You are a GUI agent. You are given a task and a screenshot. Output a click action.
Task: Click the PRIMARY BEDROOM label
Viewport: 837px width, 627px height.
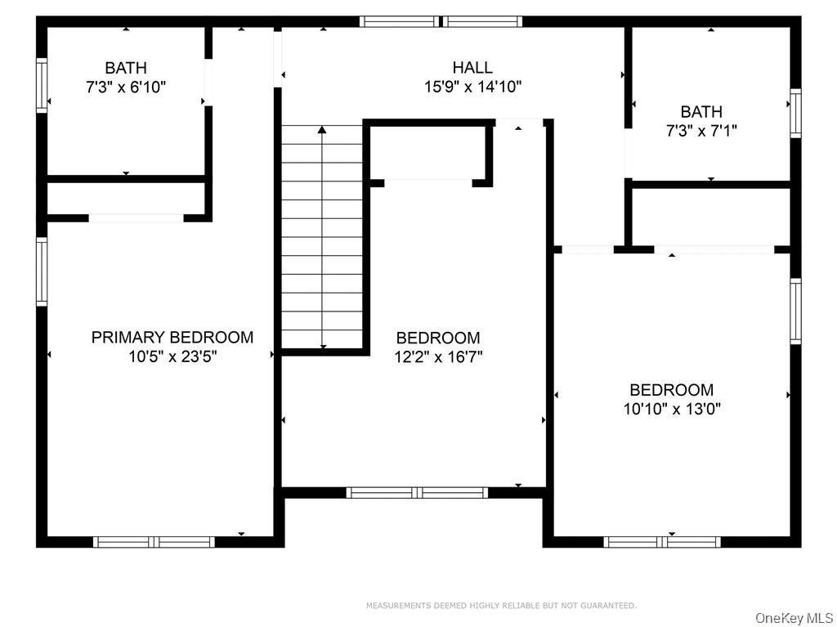click(172, 338)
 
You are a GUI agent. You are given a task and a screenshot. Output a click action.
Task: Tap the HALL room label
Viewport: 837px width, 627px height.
click(472, 67)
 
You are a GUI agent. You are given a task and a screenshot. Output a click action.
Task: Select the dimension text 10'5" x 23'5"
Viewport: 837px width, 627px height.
click(172, 356)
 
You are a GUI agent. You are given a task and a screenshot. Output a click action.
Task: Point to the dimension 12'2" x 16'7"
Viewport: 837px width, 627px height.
click(438, 356)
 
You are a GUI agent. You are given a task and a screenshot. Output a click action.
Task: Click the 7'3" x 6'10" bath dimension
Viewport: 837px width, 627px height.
click(126, 87)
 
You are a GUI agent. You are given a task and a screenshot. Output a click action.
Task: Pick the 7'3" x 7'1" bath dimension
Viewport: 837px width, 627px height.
click(701, 130)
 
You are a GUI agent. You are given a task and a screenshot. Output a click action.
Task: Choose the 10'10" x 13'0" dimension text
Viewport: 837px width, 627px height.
click(672, 409)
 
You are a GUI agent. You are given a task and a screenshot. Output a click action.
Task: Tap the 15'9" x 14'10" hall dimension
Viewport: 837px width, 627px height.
click(473, 86)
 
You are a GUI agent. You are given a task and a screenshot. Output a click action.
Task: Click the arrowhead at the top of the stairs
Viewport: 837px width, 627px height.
click(322, 129)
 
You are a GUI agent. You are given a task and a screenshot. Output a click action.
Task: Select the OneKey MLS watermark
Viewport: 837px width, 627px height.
click(794, 619)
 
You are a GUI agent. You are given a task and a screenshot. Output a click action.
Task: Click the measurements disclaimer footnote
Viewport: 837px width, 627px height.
click(501, 606)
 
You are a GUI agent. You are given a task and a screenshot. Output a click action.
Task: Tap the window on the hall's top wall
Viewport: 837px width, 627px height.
click(441, 21)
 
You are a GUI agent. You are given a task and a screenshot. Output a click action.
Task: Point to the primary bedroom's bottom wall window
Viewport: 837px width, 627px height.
click(154, 542)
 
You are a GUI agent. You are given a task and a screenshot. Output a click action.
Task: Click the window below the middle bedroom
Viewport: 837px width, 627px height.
click(417, 492)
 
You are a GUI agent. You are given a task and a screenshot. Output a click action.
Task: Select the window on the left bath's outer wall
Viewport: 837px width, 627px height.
click(42, 86)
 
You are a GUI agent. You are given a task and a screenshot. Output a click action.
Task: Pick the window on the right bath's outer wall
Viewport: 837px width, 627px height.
click(795, 114)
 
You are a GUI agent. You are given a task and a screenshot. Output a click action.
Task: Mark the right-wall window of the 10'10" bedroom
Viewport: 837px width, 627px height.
click(795, 311)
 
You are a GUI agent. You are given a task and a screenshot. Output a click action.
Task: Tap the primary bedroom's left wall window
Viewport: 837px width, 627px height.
click(42, 272)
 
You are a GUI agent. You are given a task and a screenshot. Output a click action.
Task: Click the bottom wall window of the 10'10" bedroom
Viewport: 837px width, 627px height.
click(662, 542)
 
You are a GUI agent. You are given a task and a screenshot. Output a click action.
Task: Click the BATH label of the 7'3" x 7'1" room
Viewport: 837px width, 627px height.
click(701, 112)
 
